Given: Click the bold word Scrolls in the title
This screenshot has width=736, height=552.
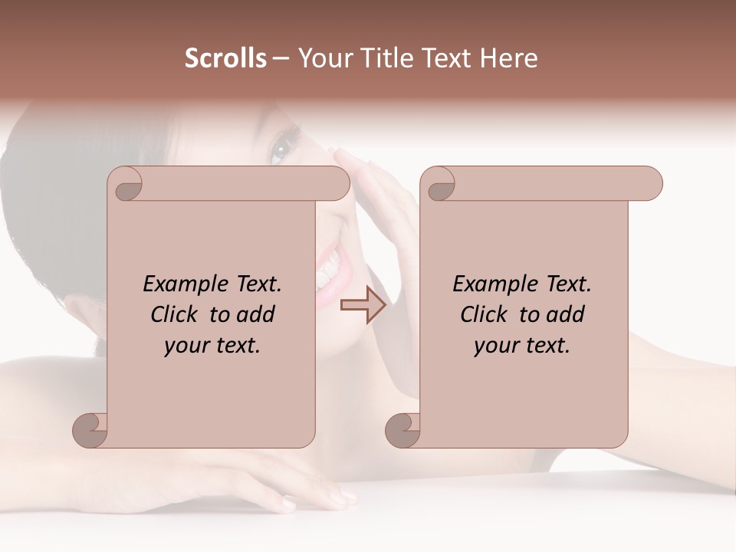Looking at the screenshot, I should coord(225,58).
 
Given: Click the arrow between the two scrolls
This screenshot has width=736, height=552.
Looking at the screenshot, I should coord(363,304).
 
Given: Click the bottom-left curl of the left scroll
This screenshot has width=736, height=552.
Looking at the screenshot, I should coord(90,429).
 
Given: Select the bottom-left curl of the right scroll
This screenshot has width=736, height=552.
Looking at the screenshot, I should coord(402,429).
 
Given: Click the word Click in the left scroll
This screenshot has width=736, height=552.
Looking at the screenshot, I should coord(175,314).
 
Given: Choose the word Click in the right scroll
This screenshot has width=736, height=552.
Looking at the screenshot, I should coord(485,314).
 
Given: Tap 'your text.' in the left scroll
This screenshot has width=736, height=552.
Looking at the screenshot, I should coord(212,345).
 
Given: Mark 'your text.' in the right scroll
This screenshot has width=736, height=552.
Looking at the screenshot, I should coord(521,345).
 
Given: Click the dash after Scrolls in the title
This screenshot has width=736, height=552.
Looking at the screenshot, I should coord(281,58).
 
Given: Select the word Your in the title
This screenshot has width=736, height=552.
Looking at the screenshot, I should coord(320,58).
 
